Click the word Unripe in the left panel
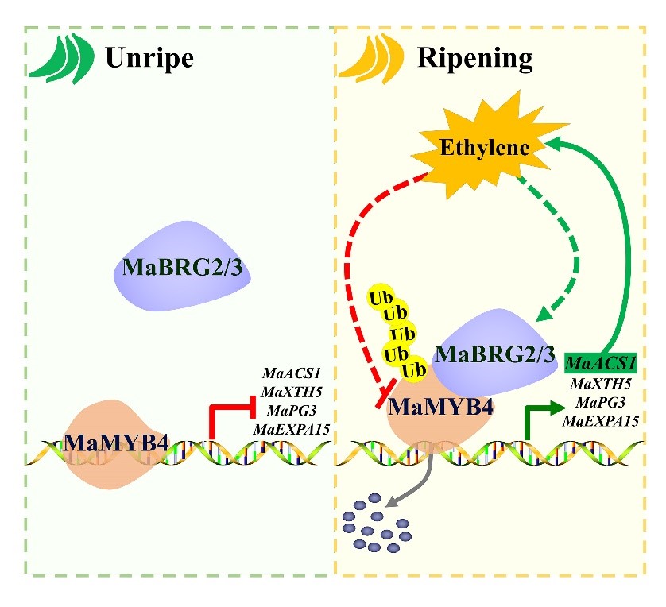pyautogui.click(x=150, y=58)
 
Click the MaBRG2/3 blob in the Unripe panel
pyautogui.click(x=183, y=266)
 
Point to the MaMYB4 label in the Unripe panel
pyautogui.click(x=117, y=442)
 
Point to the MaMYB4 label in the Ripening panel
pyautogui.click(x=439, y=408)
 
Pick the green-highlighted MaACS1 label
pyautogui.click(x=601, y=365)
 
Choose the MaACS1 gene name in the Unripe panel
pyautogui.click(x=289, y=372)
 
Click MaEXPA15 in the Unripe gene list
pyautogui.click(x=292, y=429)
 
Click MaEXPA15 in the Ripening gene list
pyautogui.click(x=601, y=420)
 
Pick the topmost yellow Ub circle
pyautogui.click(x=378, y=299)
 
